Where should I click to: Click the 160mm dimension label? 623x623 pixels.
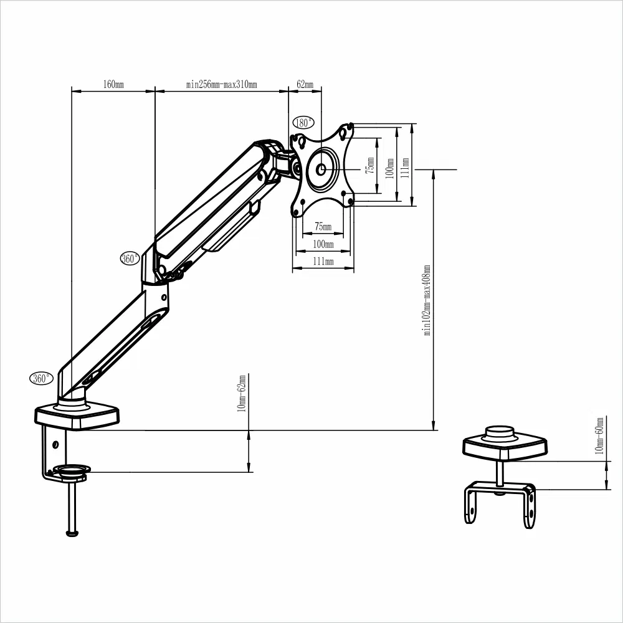[113, 85]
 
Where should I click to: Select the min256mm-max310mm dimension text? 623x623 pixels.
[221, 85]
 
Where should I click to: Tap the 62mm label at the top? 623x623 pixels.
[305, 85]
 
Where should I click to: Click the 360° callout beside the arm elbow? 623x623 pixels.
[130, 259]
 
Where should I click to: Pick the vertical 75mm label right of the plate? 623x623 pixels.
[370, 166]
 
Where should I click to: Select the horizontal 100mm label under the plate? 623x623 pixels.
[323, 244]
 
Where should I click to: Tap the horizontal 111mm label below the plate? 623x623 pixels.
[323, 262]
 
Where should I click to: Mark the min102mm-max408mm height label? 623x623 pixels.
[427, 300]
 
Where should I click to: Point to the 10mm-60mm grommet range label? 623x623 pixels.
[599, 435]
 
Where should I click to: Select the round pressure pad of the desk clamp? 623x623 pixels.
[71, 469]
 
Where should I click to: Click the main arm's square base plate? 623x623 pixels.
[77, 416]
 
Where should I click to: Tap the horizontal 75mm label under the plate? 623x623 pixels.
[323, 226]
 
